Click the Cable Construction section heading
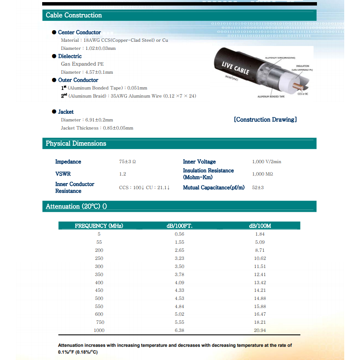coord(74,15)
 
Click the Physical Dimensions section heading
coord(76,144)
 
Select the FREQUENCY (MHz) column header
coord(99,226)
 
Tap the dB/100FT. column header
coord(179,226)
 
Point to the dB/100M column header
coord(260,226)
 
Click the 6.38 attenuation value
coord(179,330)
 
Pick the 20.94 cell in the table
coord(260,330)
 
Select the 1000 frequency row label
coord(99,330)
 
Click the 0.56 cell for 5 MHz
coord(179,234)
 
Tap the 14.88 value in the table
coord(260,298)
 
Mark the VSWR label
coord(63,174)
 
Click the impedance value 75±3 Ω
coord(127,162)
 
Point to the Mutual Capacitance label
coord(213,187)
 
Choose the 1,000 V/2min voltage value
coord(267,162)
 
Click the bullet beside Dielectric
coord(54,56)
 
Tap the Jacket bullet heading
coord(66,112)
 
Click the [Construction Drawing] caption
coord(265,120)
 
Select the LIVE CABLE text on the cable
coord(236,68)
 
